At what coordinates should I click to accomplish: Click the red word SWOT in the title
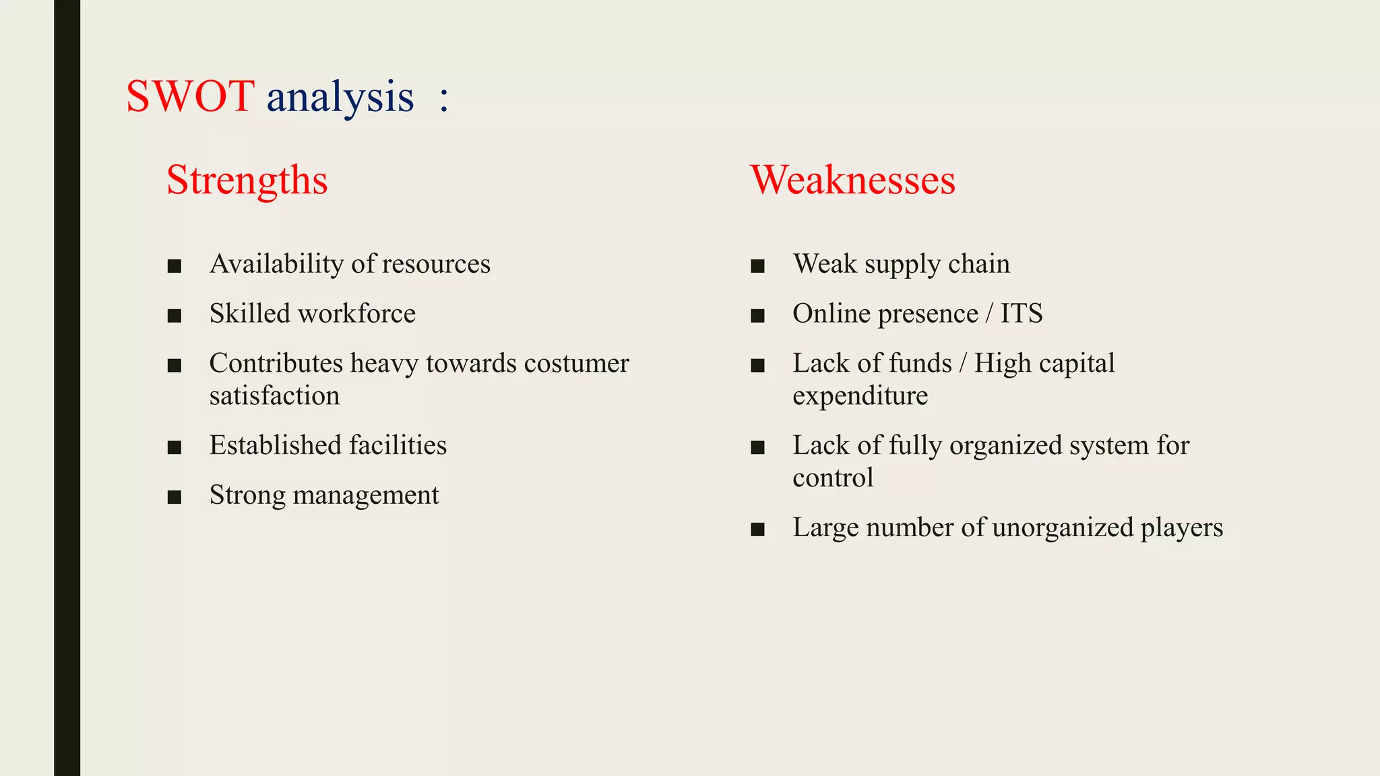(x=190, y=96)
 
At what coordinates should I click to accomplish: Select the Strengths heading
(x=247, y=181)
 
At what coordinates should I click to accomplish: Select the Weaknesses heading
(x=852, y=181)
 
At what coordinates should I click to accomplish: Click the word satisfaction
(x=274, y=396)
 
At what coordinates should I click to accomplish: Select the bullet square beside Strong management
(x=175, y=498)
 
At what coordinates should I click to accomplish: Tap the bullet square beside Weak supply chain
(x=757, y=266)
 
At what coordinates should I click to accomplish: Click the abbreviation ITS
(x=1021, y=314)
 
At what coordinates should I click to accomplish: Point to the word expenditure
(x=860, y=396)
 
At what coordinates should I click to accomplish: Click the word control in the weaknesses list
(x=833, y=478)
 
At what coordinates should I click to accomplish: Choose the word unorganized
(x=1063, y=528)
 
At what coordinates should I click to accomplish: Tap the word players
(x=1181, y=528)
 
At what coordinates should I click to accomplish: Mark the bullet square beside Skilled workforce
(x=175, y=316)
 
